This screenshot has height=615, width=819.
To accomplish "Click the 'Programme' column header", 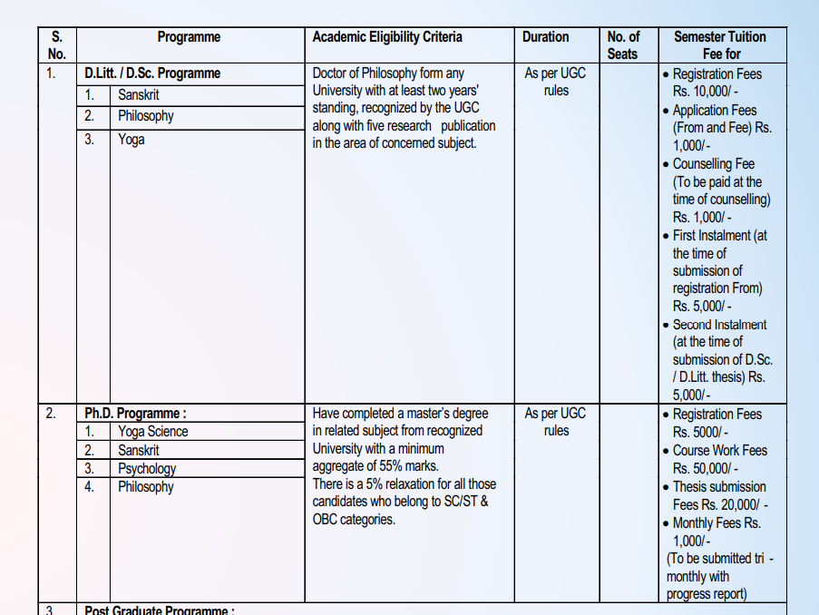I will tap(189, 37).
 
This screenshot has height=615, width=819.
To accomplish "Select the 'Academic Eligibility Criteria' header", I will tap(387, 37).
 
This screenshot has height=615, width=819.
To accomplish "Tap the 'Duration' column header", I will tap(545, 37).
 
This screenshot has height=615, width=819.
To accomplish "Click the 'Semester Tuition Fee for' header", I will tap(720, 45).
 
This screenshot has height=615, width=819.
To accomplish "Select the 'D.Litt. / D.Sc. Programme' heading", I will tap(152, 73).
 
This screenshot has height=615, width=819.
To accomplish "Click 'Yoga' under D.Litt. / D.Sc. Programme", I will tap(132, 140).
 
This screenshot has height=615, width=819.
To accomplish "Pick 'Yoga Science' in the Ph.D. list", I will tap(152, 432).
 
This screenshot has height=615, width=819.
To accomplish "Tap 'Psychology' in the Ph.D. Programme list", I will tap(147, 468).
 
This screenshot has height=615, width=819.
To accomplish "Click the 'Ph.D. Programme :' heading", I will tap(135, 414).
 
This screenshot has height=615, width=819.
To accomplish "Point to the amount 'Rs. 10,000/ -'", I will tap(705, 92).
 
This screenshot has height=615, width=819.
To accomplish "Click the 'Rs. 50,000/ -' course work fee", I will tap(705, 468).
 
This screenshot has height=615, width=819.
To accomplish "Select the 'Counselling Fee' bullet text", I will tap(713, 164).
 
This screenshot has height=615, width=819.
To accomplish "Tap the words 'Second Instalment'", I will tap(719, 325).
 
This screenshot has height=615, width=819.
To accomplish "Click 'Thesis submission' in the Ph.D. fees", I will tap(719, 487).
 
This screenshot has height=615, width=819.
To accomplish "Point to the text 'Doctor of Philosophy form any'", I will tap(387, 73).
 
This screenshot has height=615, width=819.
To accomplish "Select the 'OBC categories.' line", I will tap(354, 520).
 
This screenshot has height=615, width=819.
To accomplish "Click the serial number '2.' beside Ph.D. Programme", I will tap(51, 414).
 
